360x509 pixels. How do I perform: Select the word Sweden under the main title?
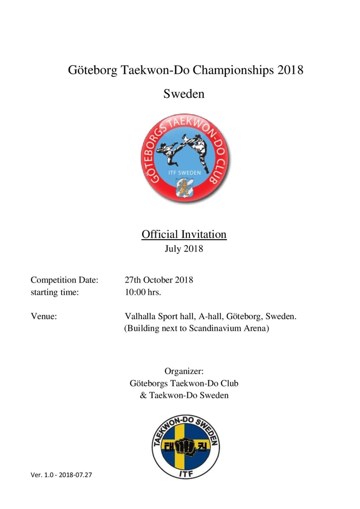point(184,94)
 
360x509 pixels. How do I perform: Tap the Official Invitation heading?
point(184,235)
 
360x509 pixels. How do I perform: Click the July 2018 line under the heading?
point(184,249)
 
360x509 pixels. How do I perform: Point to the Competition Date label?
point(64,280)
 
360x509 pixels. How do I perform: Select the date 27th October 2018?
point(159,280)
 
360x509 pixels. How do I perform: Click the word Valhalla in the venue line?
point(141,317)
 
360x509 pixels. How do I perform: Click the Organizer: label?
point(184,371)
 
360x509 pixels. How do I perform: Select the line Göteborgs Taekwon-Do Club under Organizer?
point(184,383)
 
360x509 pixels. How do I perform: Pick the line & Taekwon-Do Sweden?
point(184,395)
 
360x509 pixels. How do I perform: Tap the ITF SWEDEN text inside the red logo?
point(184,172)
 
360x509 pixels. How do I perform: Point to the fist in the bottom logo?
point(184,448)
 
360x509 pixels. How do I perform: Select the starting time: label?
point(54,293)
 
